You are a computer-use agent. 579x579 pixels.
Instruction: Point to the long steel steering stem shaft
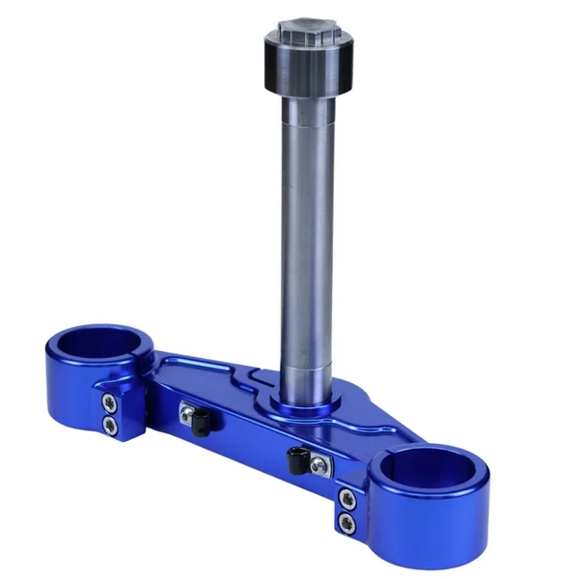(x=306, y=241)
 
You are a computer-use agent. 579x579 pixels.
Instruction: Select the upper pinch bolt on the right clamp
(x=346, y=499)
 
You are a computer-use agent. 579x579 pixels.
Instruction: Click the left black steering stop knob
(x=201, y=423)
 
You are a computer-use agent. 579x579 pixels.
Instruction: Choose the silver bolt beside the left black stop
(x=185, y=413)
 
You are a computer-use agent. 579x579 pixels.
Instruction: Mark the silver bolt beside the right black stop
(x=318, y=467)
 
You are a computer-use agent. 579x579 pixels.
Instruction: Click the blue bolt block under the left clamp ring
(x=121, y=415)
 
